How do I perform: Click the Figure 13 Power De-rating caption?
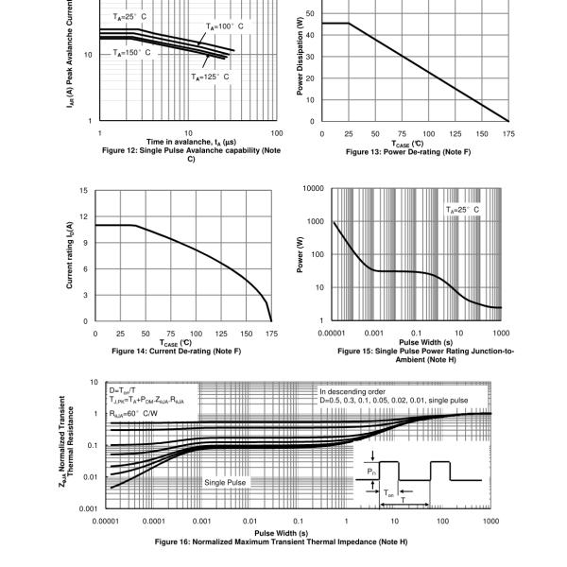pos(413,152)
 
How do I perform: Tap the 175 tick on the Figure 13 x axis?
pos(509,133)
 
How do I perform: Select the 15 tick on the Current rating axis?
pos(85,191)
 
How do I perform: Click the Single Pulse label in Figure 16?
pos(226,483)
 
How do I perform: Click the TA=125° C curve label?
pos(210,77)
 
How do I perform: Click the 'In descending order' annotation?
pos(349,390)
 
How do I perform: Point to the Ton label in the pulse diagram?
pos(389,492)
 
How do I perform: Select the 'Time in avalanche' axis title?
pos(189,141)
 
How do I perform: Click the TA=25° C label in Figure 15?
pos(462,209)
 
